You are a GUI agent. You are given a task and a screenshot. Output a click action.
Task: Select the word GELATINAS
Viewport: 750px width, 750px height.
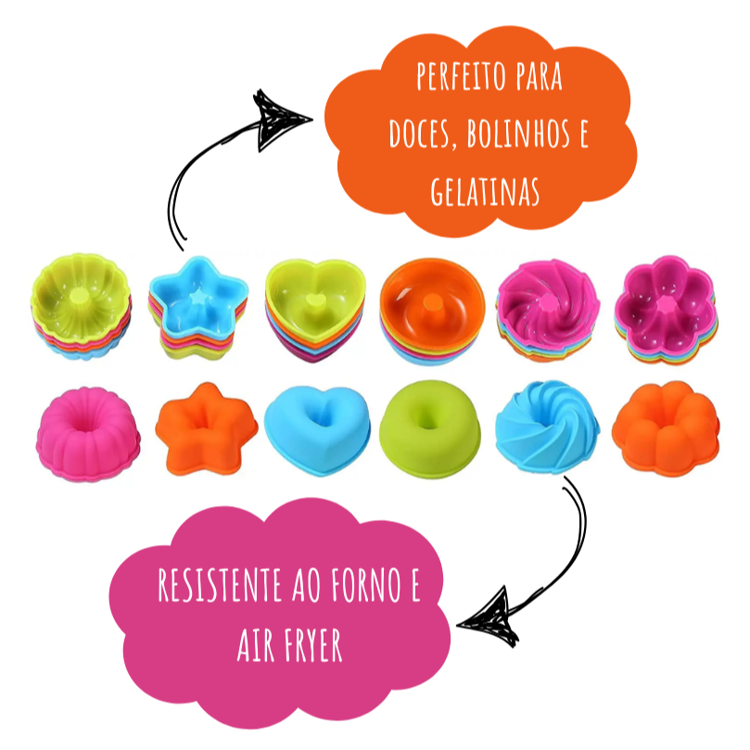coord(485,192)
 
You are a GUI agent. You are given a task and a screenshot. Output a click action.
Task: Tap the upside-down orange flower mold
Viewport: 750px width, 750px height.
coord(666,428)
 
